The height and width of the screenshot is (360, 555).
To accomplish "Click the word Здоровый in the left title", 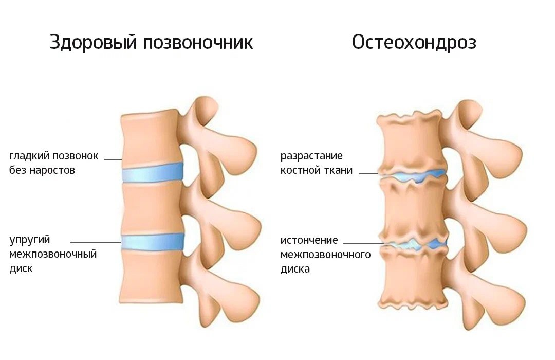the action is (93, 43).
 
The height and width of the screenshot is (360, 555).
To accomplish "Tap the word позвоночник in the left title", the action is (198, 43).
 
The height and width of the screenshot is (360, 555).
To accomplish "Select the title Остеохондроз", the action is (414, 43).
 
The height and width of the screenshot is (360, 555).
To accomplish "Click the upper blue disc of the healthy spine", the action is (153, 173).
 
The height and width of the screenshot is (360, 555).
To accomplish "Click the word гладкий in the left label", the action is (29, 156).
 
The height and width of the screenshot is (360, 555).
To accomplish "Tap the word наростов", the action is (52, 170).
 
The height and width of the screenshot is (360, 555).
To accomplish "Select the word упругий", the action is (29, 240).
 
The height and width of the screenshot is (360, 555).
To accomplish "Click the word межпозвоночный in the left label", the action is (53, 255).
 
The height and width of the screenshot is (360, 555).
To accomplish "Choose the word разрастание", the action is (311, 156).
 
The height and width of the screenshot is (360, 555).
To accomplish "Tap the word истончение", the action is (309, 240).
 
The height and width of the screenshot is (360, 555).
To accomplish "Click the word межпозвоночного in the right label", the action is (325, 255).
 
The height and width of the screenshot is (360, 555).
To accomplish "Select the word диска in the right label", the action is (295, 269).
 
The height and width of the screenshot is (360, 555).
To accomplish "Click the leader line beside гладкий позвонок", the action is (113, 159).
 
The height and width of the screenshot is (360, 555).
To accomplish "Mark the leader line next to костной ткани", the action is (369, 174).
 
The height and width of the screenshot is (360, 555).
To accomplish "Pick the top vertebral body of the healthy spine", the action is (151, 138).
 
